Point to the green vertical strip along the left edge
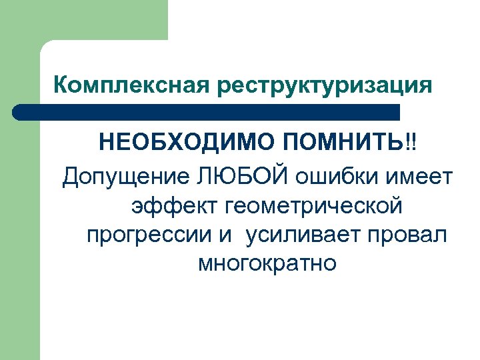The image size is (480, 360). click(19, 233)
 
